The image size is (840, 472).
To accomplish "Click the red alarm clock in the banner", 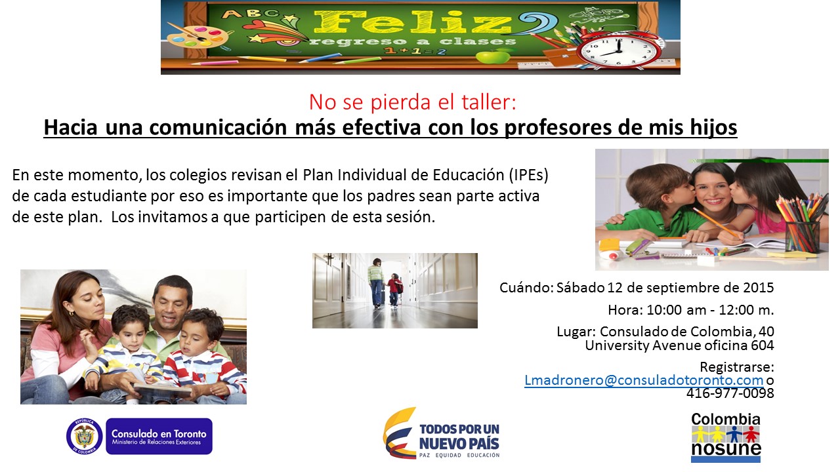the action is click(x=618, y=50).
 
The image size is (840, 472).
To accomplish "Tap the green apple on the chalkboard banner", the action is click(x=493, y=56).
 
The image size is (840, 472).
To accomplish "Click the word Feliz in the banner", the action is click(x=413, y=22).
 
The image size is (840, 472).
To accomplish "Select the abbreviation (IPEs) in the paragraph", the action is click(x=529, y=175).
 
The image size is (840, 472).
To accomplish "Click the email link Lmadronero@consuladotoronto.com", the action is click(x=644, y=380).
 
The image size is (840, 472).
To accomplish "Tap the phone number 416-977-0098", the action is click(x=730, y=393).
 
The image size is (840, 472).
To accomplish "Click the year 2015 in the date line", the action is click(x=758, y=287).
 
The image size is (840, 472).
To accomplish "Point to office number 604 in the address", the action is click(x=763, y=345).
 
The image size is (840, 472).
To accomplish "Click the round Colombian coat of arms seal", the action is click(x=85, y=436).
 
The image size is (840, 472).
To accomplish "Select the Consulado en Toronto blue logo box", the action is click(x=159, y=436).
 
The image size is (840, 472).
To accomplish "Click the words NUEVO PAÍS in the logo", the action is click(x=459, y=444).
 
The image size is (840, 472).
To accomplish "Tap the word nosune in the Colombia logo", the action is click(x=726, y=448).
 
